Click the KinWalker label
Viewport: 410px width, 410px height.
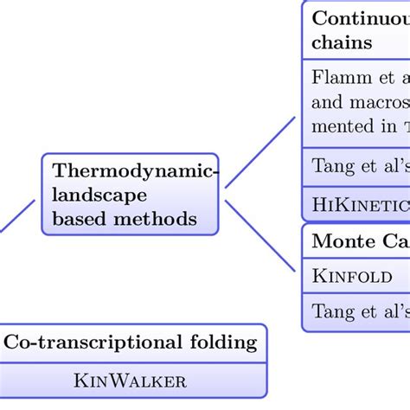[x=131, y=381]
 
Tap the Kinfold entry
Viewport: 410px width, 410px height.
[x=352, y=277]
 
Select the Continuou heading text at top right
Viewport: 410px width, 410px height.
[x=360, y=17]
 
